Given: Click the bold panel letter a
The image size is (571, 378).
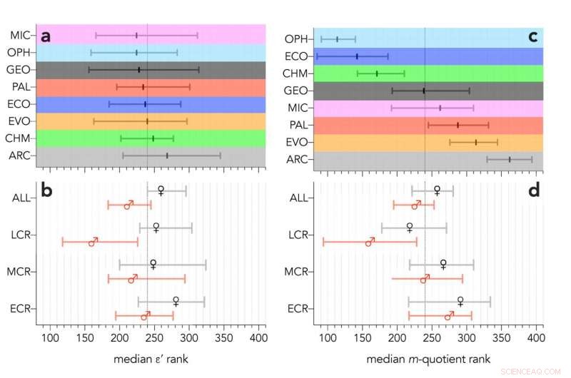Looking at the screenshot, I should [46, 37].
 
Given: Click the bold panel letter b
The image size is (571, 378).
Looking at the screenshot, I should [46, 193].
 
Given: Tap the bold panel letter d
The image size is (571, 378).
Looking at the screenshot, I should [532, 193].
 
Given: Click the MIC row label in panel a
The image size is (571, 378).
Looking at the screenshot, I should [20, 35].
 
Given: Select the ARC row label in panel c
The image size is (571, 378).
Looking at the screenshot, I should [296, 159].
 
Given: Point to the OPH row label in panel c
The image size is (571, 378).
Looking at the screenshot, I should [296, 39].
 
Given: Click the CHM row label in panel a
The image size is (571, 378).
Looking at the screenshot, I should [20, 138].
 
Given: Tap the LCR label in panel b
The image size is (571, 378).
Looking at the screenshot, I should [21, 235].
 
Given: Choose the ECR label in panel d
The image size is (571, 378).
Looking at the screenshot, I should [296, 309].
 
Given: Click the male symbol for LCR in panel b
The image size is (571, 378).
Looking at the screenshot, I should [93, 242].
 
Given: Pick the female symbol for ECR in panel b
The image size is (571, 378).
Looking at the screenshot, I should [176, 302].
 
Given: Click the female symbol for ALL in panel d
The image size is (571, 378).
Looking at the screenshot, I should [437, 190].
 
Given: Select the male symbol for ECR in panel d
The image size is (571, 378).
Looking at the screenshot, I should [449, 315].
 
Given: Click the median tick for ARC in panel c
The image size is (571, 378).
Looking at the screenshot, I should [509, 159].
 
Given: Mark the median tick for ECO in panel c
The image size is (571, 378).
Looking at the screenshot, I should [357, 56].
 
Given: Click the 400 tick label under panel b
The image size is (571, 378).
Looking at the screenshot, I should [258, 337].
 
